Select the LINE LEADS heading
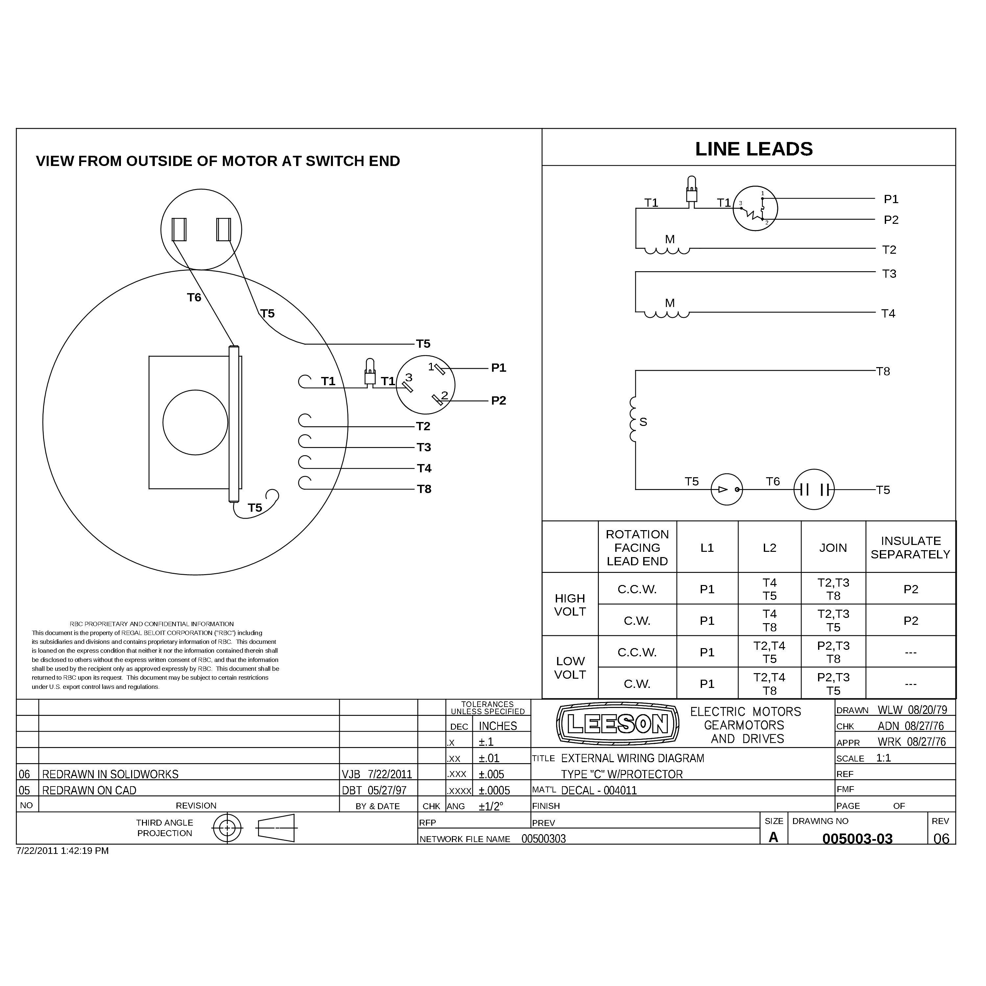(754, 149)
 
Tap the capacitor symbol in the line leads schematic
(814, 489)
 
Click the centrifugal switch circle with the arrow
(727, 489)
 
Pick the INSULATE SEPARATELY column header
(910, 547)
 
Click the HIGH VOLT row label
(570, 604)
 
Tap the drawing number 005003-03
(857, 838)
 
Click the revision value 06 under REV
(941, 838)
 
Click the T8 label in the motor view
(424, 489)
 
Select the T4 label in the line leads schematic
(888, 313)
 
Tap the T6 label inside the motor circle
(194, 297)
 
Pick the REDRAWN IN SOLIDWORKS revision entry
(110, 774)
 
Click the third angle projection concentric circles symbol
(227, 828)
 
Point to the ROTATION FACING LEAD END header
(637, 547)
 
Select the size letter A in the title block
(773, 837)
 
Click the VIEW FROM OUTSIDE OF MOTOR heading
(218, 161)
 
